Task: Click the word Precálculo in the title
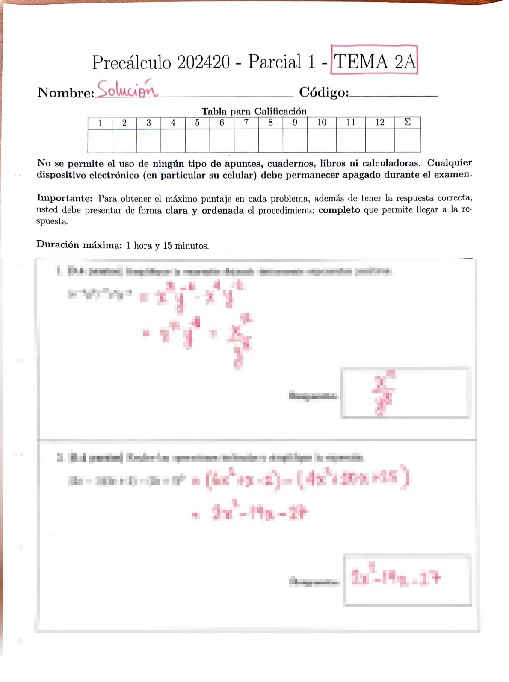[131, 62]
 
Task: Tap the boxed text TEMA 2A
[374, 61]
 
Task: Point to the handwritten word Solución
[127, 89]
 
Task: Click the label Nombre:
[65, 92]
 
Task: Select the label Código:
[324, 92]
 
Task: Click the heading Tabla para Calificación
[254, 111]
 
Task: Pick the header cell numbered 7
[246, 123]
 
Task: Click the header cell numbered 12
[380, 123]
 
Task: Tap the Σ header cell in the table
[408, 123]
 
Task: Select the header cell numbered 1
[100, 123]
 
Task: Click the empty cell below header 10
[322, 140]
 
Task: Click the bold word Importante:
[65, 198]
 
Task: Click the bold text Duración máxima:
[79, 245]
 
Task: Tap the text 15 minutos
[186, 246]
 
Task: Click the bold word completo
[339, 210]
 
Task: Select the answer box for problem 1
[405, 393]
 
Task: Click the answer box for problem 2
[407, 579]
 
